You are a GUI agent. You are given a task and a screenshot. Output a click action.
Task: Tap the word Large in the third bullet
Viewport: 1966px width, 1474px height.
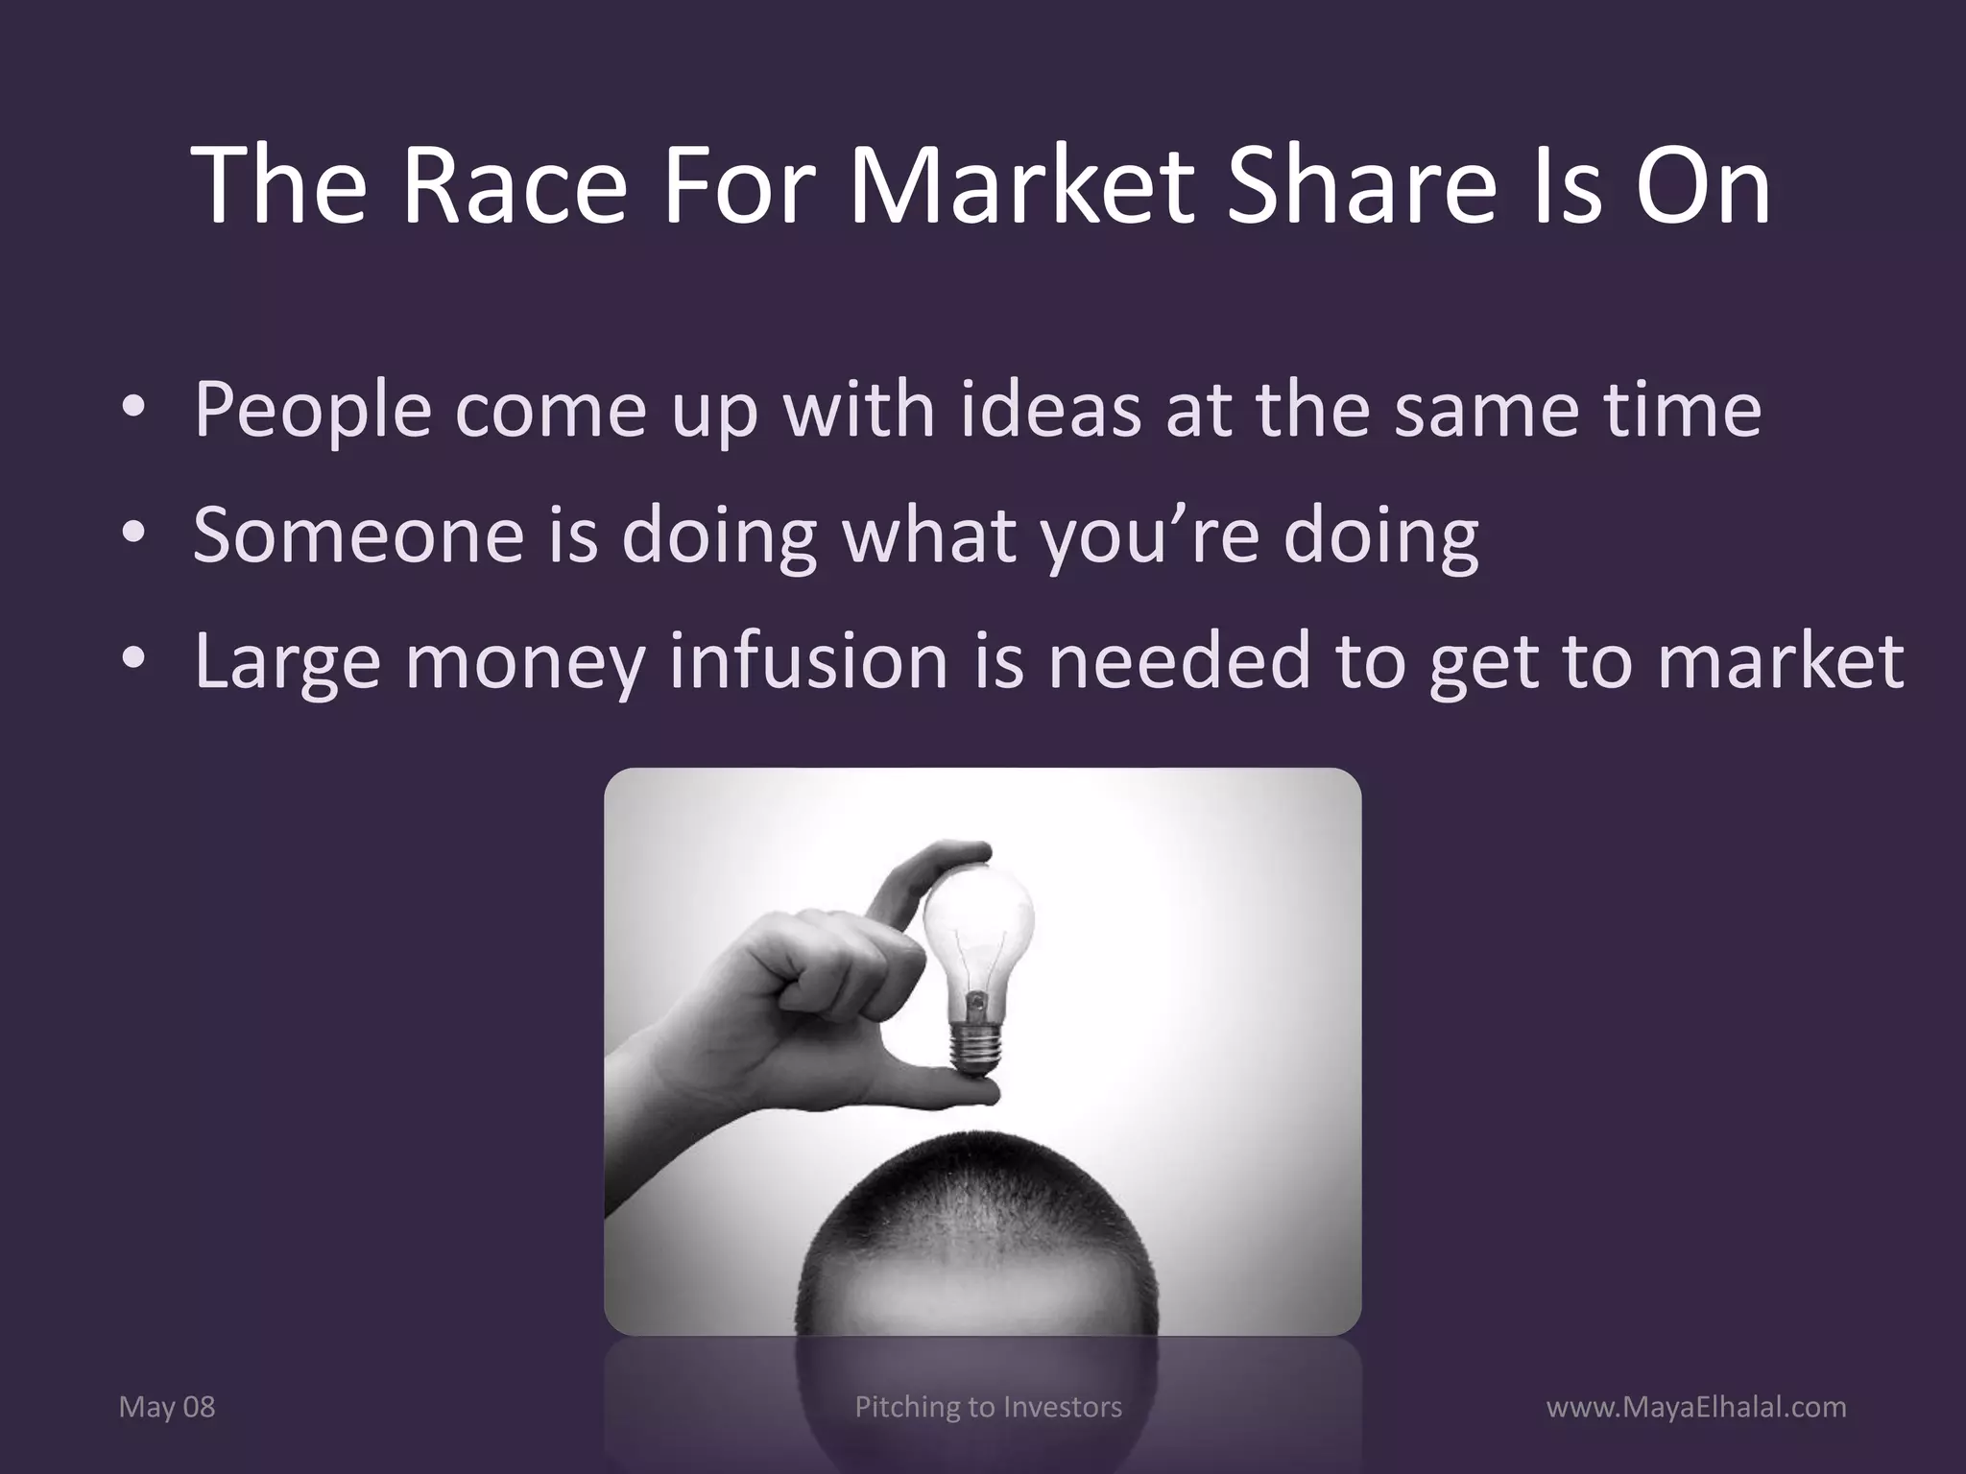tap(287, 661)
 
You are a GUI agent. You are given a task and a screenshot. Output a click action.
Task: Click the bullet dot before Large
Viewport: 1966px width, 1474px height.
tap(133, 662)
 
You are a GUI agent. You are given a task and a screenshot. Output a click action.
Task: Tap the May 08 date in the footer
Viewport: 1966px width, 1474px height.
tap(166, 1407)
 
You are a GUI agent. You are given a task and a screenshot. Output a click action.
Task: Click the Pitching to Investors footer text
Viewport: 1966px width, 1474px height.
tap(988, 1407)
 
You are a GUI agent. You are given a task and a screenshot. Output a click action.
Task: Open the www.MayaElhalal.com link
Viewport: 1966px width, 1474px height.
tap(1696, 1407)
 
